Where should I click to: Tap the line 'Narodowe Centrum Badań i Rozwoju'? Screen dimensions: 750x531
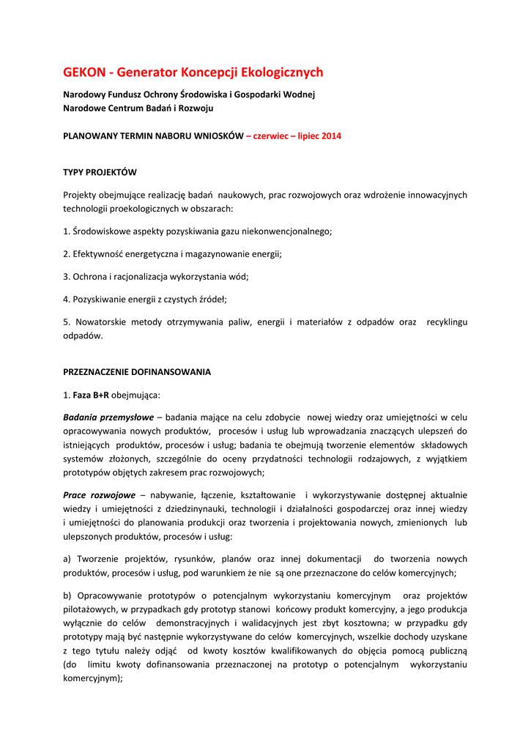tap(138, 108)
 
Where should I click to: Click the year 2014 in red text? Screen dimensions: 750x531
tap(330, 136)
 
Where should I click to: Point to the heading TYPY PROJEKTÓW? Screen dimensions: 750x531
tap(100, 172)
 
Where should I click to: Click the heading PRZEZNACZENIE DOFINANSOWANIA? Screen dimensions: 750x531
tap(137, 371)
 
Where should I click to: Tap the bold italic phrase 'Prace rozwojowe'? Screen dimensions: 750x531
tap(99, 495)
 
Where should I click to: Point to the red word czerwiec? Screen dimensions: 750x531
tap(272, 136)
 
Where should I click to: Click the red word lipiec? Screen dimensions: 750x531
tap(306, 136)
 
